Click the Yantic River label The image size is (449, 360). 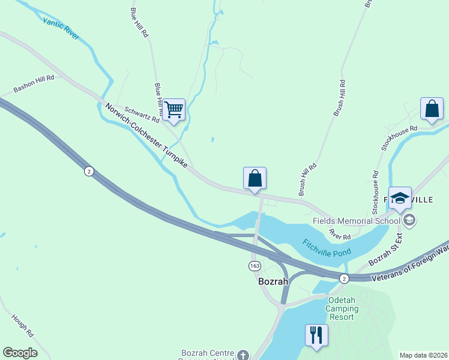click(61, 28)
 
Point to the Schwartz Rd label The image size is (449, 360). click(142, 114)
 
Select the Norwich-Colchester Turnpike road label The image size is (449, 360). click(146, 136)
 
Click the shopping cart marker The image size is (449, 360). click(173, 110)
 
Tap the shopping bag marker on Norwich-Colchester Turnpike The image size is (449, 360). click(255, 178)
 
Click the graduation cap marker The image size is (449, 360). click(399, 198)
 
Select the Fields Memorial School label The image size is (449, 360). click(357, 220)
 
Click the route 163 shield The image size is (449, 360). click(255, 265)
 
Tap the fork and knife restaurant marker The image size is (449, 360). click(316, 334)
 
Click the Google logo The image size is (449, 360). click(20, 353)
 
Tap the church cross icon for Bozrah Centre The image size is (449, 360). click(242, 355)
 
